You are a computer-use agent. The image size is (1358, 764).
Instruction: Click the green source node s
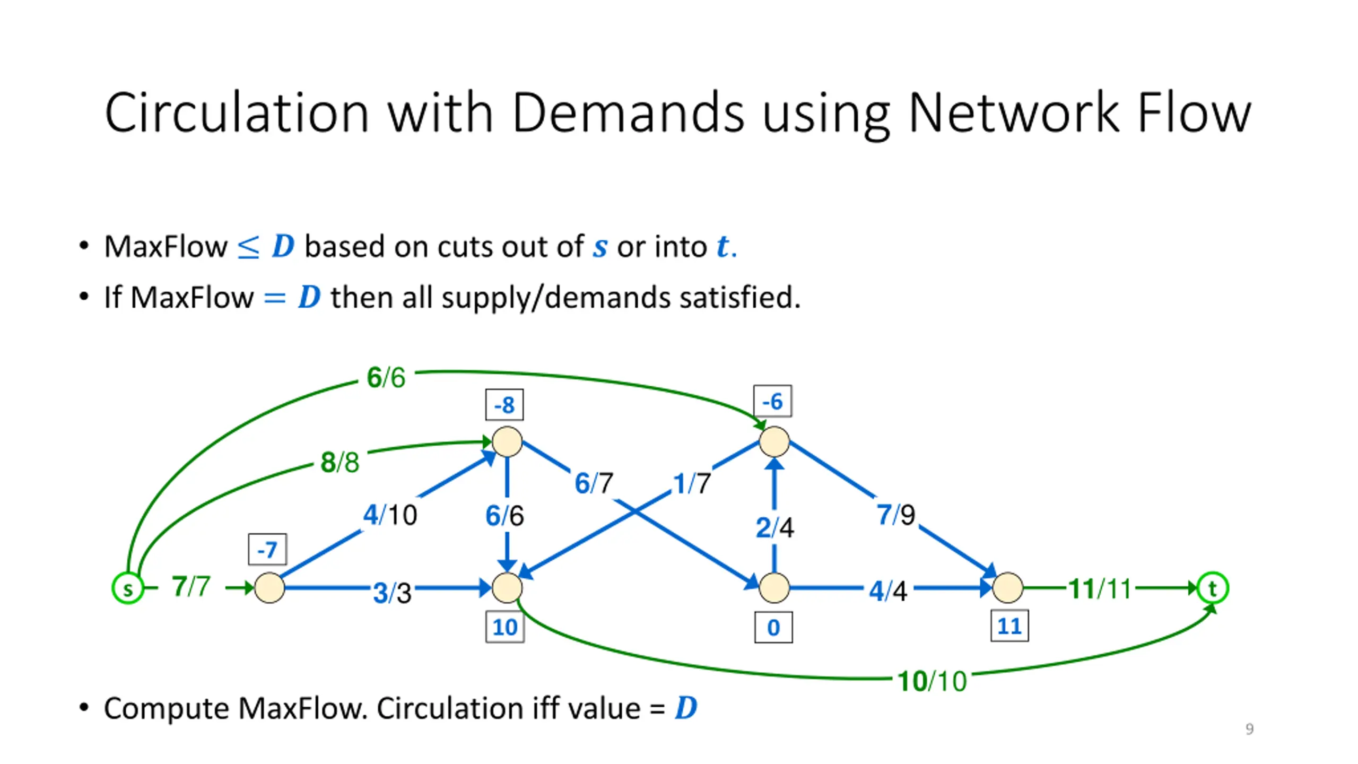pyautogui.click(x=127, y=588)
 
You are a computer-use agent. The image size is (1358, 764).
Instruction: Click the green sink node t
pyautogui.click(x=1212, y=588)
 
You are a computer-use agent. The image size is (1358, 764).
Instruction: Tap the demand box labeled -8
pyautogui.click(x=504, y=405)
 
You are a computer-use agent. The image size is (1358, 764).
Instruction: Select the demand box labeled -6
pyautogui.click(x=773, y=401)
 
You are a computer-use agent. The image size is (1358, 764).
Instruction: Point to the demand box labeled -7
pyautogui.click(x=267, y=549)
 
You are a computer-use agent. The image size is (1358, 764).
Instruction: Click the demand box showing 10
pyautogui.click(x=505, y=627)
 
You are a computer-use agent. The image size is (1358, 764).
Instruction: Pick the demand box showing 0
pyautogui.click(x=773, y=627)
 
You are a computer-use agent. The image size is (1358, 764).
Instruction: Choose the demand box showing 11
pyautogui.click(x=1009, y=626)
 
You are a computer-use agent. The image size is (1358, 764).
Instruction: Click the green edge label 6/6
pyautogui.click(x=386, y=378)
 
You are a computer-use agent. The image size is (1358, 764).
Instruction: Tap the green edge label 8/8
pyautogui.click(x=340, y=462)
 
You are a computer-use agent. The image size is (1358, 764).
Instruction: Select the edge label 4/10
pyautogui.click(x=390, y=515)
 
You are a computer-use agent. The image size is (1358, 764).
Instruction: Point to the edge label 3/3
pyautogui.click(x=393, y=593)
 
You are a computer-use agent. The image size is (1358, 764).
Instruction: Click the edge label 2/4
pyautogui.click(x=775, y=527)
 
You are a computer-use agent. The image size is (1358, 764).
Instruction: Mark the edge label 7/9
pyautogui.click(x=896, y=515)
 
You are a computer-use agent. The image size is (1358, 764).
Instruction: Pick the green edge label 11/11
pyautogui.click(x=1100, y=588)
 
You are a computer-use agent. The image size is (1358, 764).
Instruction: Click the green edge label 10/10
pyautogui.click(x=932, y=681)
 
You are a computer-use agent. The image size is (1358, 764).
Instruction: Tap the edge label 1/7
pyautogui.click(x=692, y=483)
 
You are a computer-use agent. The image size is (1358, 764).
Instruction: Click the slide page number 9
pyautogui.click(x=1249, y=729)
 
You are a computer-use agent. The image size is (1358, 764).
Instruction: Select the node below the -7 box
pyautogui.click(x=269, y=588)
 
